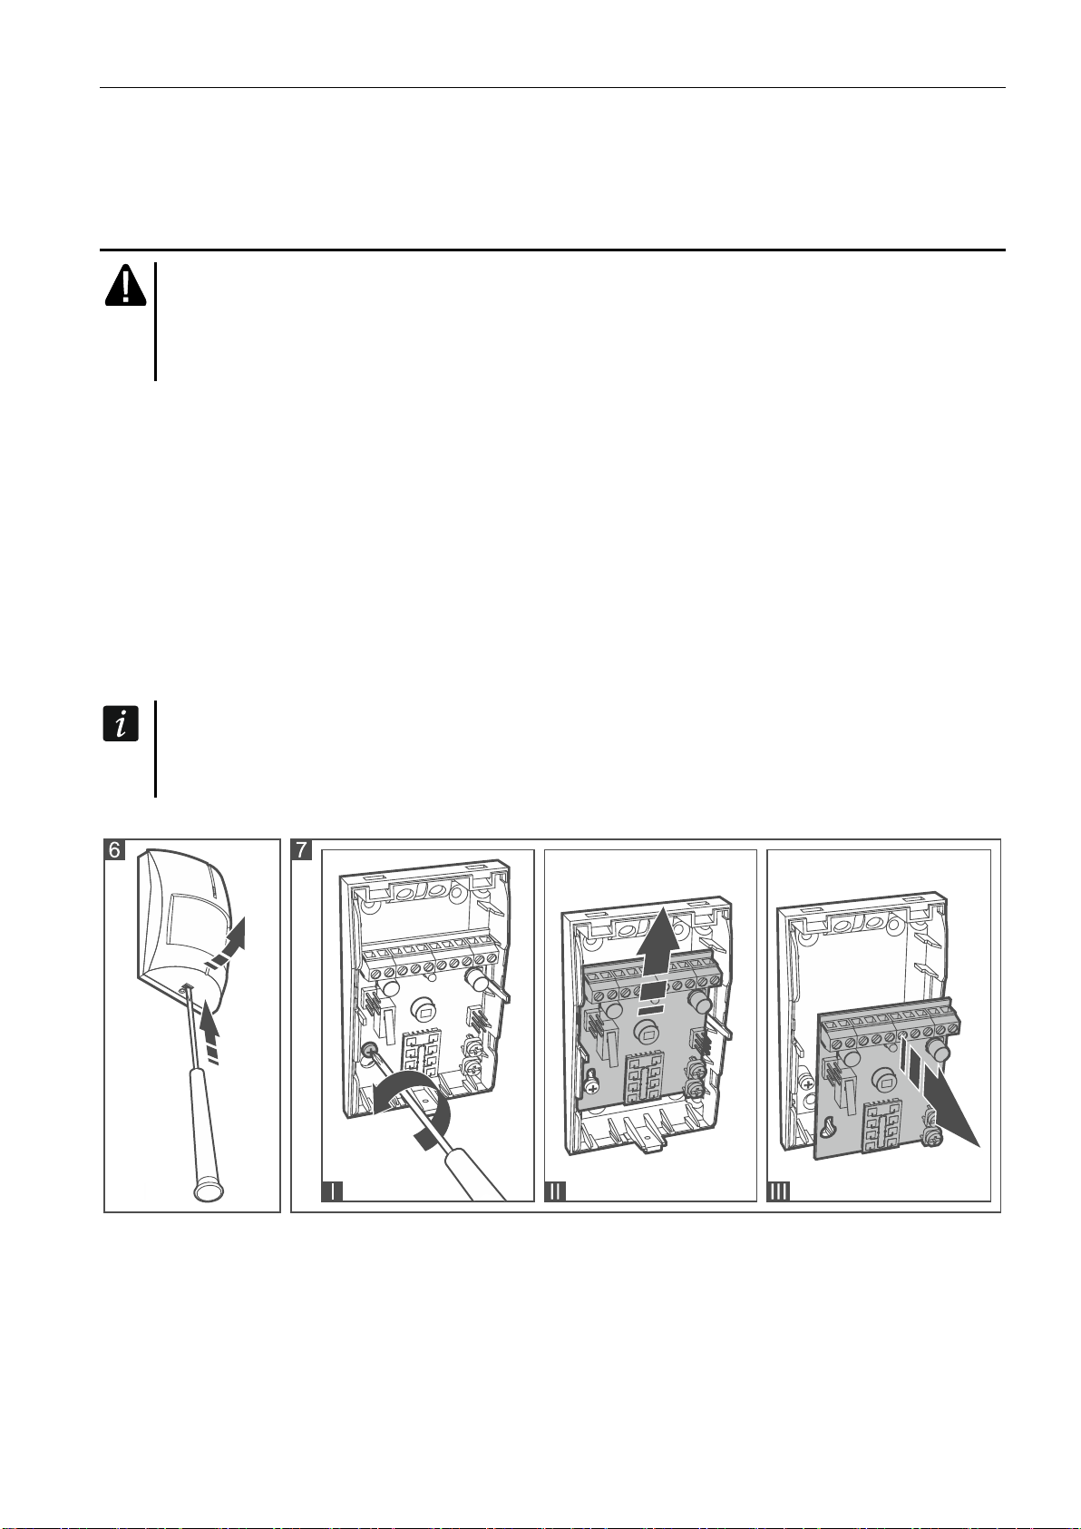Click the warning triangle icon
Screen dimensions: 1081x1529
[x=125, y=285]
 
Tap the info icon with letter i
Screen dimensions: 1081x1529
[x=121, y=724]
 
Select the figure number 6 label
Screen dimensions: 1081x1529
[x=114, y=850]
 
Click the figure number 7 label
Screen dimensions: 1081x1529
[x=302, y=850]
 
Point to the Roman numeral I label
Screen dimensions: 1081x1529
[x=332, y=1191]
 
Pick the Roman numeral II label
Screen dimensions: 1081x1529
[x=555, y=1191]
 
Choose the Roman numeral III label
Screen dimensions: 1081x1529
[x=778, y=1191]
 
